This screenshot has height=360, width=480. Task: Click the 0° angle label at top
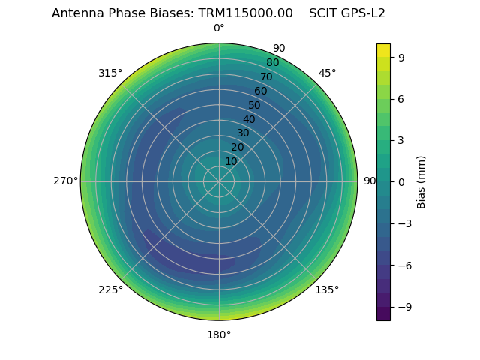coord(219,28)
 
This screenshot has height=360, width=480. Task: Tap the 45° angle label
coord(327,73)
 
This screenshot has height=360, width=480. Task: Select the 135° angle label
coord(327,289)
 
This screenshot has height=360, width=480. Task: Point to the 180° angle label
coord(219,334)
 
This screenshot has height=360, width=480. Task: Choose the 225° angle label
coord(110,289)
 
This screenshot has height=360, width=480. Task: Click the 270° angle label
coord(65,181)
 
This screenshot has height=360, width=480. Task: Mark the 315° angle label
coord(110,73)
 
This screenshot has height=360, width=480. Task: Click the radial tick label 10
coord(231,161)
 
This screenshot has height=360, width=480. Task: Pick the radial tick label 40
coord(249,119)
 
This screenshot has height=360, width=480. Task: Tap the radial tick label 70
coord(266,77)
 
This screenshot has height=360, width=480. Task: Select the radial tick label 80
coord(272,63)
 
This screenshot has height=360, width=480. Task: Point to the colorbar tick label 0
coord(401,181)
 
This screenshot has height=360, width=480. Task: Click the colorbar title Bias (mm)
coord(421,181)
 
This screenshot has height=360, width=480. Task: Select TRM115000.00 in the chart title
coord(245,13)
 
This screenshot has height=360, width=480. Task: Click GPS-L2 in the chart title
coord(364,13)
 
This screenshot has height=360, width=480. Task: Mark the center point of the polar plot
coord(219,181)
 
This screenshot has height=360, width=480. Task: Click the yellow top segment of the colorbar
coord(383,50)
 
